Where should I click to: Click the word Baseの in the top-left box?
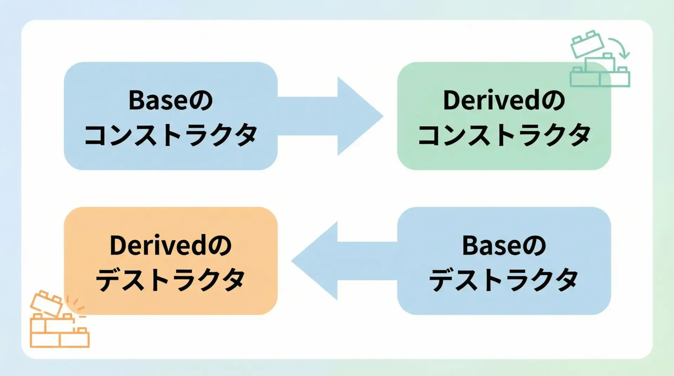[171, 100]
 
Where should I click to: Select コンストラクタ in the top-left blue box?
[171, 135]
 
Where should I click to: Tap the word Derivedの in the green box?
[504, 100]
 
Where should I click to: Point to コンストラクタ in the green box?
[504, 135]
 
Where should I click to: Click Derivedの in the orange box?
[171, 246]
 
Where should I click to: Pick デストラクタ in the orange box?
[171, 280]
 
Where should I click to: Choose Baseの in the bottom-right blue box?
[504, 246]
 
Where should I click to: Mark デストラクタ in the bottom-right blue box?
[504, 280]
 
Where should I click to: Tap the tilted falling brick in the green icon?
[587, 44]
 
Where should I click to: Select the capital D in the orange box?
[117, 246]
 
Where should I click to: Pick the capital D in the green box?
[451, 100]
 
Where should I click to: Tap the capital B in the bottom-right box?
[469, 246]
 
